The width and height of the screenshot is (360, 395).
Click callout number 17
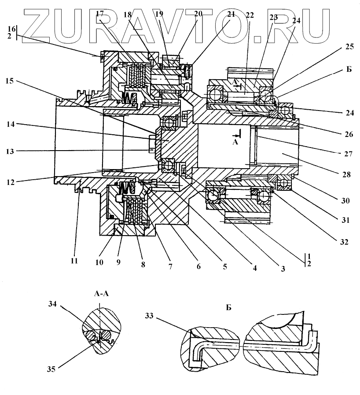(x=100, y=14)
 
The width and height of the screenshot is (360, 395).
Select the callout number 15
(x=10, y=81)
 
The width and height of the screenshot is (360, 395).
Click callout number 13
(x=10, y=151)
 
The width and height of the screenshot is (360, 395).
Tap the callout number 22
(x=250, y=15)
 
